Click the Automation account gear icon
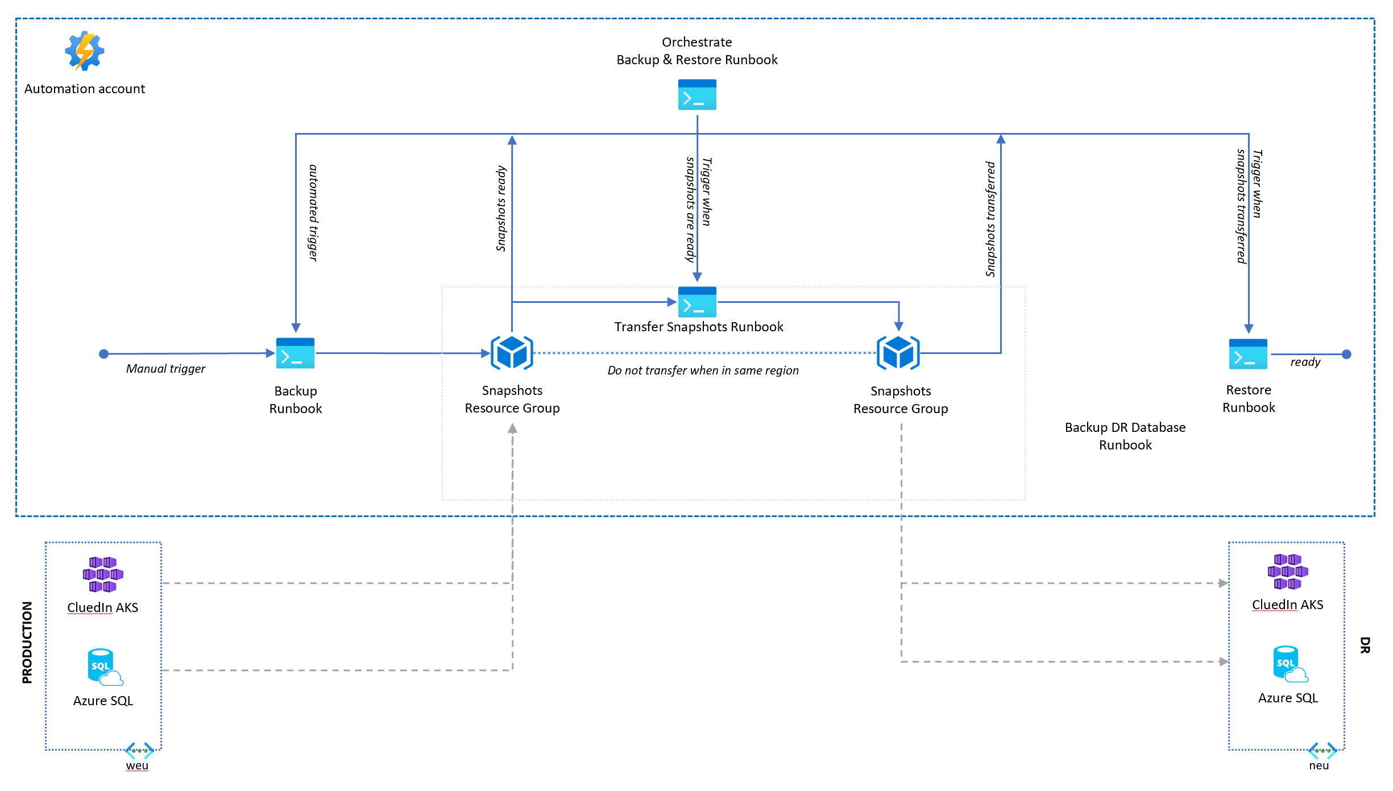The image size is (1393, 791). pyautogui.click(x=85, y=51)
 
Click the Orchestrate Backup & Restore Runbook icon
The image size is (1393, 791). pyautogui.click(x=697, y=95)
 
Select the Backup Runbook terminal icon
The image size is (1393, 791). pyautogui.click(x=295, y=353)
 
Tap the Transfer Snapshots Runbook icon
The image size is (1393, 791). pyautogui.click(x=697, y=302)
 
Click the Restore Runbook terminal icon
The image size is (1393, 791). pyautogui.click(x=1248, y=354)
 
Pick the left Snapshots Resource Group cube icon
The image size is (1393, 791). pyautogui.click(x=512, y=353)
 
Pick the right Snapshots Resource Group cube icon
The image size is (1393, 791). pyautogui.click(x=898, y=353)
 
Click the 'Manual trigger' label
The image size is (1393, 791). pyautogui.click(x=165, y=369)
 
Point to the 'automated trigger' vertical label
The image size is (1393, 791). pyautogui.click(x=313, y=213)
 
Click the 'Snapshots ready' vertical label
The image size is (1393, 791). pyautogui.click(x=501, y=209)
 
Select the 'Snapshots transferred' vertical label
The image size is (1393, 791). pyautogui.click(x=990, y=219)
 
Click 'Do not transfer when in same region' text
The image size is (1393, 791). pyautogui.click(x=703, y=370)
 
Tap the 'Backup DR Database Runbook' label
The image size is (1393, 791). pyautogui.click(x=1125, y=436)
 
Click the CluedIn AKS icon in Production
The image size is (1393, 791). pyautogui.click(x=103, y=574)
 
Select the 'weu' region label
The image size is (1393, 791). pyautogui.click(x=137, y=765)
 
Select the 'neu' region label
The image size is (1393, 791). pyautogui.click(x=1319, y=765)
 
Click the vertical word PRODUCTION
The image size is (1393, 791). pyautogui.click(x=27, y=642)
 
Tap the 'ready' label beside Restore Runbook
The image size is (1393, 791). pyautogui.click(x=1305, y=362)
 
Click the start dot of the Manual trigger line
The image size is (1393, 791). pyautogui.click(x=103, y=354)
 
